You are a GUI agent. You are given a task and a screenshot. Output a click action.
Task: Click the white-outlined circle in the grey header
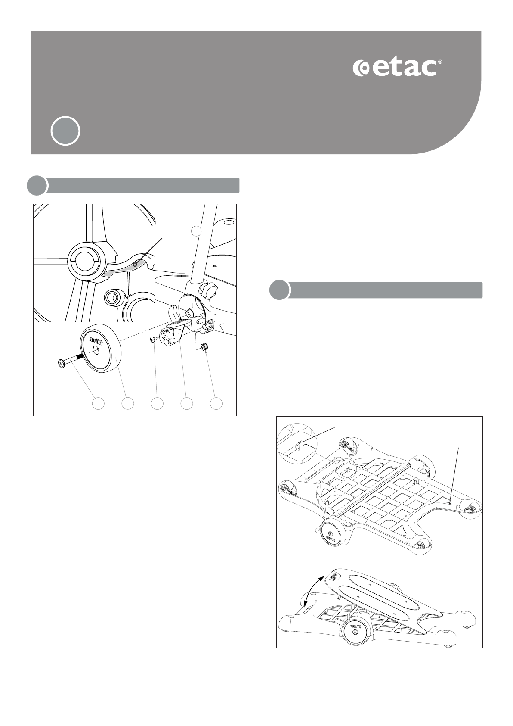tap(65, 131)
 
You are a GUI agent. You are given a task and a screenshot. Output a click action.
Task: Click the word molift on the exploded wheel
tap(96, 341)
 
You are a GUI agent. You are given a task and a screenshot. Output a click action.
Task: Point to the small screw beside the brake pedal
tap(153, 339)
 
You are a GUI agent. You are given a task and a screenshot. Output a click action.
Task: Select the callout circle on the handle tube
tap(196, 231)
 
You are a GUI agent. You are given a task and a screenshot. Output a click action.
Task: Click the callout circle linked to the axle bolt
tap(99, 404)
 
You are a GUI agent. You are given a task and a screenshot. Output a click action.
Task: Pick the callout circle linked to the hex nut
tap(216, 404)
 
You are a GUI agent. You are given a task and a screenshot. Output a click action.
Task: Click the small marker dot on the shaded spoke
tap(135, 265)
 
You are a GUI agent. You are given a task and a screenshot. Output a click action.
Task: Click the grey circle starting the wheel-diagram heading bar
tap(37, 185)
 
